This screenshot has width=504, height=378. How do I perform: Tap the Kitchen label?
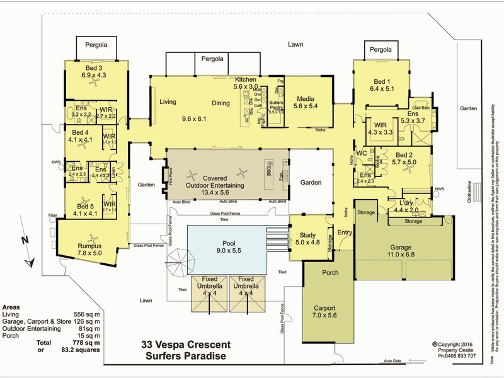click(x=246, y=79)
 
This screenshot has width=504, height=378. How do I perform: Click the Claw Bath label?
click(x=420, y=108)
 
